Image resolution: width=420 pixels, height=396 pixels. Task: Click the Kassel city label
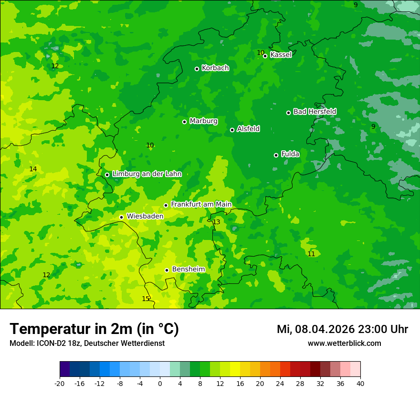click(281, 55)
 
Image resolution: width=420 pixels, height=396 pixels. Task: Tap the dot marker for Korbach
click(197, 69)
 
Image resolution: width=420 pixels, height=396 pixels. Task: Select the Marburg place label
click(203, 121)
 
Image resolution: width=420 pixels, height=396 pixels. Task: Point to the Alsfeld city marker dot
click(232, 130)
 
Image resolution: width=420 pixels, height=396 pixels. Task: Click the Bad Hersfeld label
click(315, 112)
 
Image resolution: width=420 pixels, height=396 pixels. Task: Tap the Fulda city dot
click(276, 155)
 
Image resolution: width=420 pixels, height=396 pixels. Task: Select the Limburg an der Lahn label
click(147, 174)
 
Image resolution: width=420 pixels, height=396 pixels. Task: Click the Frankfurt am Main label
click(201, 205)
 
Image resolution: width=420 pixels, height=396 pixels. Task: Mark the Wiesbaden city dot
click(121, 217)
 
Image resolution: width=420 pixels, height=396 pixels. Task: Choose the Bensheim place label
click(188, 270)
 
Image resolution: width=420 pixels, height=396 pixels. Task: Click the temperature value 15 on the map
click(146, 299)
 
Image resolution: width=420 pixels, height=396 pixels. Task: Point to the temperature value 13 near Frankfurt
click(216, 222)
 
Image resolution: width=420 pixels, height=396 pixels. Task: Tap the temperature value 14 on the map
click(33, 169)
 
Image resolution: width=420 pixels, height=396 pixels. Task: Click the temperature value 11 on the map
click(311, 254)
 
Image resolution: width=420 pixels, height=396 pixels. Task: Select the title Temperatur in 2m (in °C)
click(94, 329)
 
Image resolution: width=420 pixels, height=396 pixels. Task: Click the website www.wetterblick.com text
click(344, 344)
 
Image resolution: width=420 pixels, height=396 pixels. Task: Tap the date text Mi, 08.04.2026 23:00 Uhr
click(342, 329)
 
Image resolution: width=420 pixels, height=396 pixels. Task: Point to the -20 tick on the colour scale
click(60, 383)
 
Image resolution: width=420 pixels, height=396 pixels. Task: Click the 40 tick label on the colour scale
click(360, 383)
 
